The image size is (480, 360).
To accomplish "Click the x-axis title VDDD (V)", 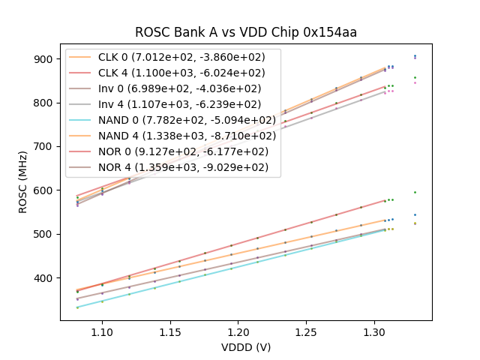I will pos(246,347).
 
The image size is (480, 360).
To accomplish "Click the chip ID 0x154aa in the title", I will pos(329,32).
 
